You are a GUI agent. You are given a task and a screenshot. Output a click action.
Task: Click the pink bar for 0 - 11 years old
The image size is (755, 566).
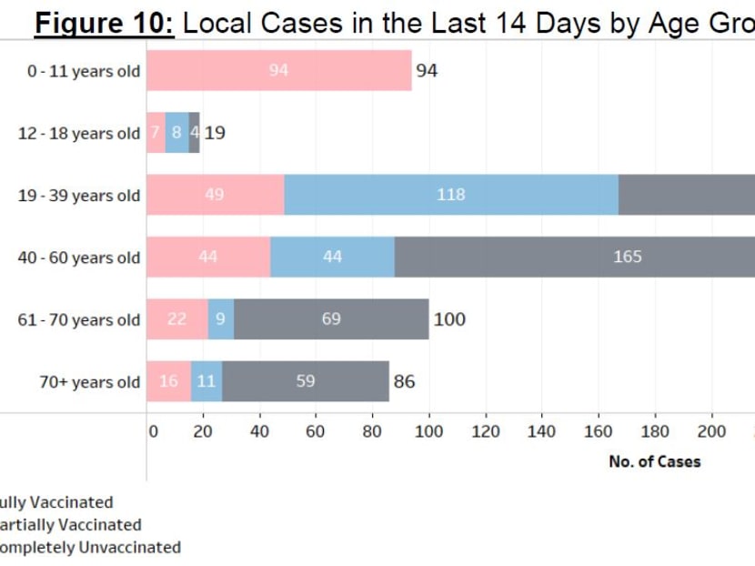tap(278, 71)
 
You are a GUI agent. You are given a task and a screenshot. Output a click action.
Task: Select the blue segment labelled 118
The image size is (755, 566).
tap(451, 195)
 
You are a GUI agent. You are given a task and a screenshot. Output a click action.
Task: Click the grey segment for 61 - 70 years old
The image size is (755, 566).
tap(331, 319)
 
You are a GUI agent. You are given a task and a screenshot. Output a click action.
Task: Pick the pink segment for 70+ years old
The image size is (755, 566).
tap(168, 381)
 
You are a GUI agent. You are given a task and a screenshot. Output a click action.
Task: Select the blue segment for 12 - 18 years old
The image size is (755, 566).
tap(176, 133)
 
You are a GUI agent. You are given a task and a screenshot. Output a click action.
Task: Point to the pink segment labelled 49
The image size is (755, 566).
tap(215, 195)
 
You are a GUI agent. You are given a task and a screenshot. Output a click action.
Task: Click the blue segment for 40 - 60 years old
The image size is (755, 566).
tap(332, 257)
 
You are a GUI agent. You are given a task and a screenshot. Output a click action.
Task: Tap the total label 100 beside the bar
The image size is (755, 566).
tap(449, 319)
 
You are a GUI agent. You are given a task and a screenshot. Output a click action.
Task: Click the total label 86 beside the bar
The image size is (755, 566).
tap(404, 381)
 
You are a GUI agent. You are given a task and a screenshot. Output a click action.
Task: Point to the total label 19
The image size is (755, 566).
tap(215, 133)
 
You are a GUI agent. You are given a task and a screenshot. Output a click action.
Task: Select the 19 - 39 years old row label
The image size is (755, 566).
tap(79, 196)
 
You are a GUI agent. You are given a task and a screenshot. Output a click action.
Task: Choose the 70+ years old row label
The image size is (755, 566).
tap(89, 382)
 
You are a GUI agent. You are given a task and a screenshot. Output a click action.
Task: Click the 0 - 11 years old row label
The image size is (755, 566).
tap(84, 71)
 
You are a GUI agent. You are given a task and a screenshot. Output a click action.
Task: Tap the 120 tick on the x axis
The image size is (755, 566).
tap(486, 431)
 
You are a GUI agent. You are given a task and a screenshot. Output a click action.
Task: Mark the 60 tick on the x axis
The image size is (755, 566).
tap(316, 431)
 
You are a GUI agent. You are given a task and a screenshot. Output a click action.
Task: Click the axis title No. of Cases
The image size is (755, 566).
tap(655, 461)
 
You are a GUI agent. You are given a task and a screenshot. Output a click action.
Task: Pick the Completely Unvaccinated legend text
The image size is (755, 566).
tap(88, 548)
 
